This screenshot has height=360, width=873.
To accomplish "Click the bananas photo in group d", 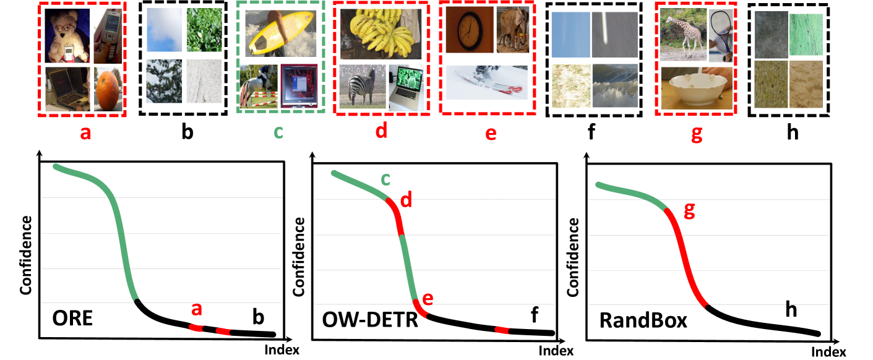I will coord(378,35).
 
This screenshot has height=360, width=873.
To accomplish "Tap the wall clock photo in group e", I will coord(468,30).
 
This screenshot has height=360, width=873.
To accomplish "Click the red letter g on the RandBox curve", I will coord(689,211).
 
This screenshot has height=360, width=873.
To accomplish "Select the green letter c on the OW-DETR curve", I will coord(385,179).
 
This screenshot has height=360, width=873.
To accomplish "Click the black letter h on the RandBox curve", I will coord(790,311).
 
